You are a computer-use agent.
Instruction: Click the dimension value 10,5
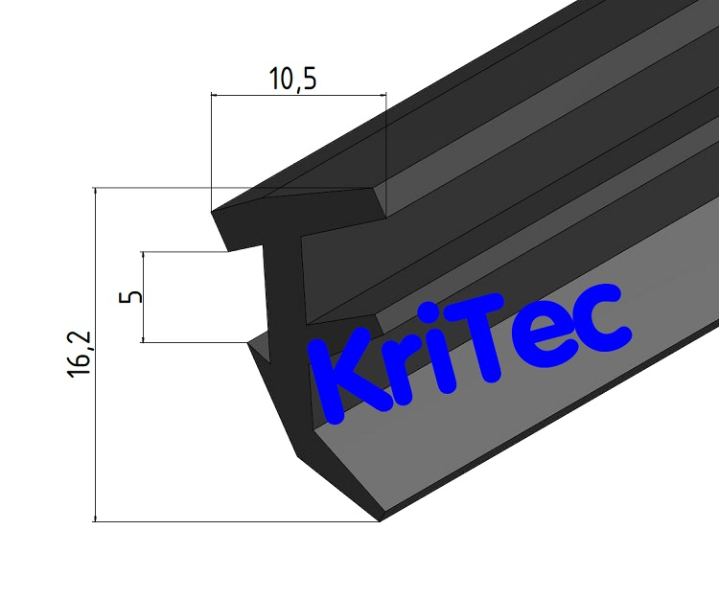pos(292,80)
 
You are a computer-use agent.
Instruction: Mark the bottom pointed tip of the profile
pos(380,520)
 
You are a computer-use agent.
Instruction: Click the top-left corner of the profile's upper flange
pos(212,212)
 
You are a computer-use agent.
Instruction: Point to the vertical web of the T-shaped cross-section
pos(285,297)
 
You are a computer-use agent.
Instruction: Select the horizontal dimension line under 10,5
pos(298,96)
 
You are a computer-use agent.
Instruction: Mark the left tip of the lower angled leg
pos(249,342)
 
